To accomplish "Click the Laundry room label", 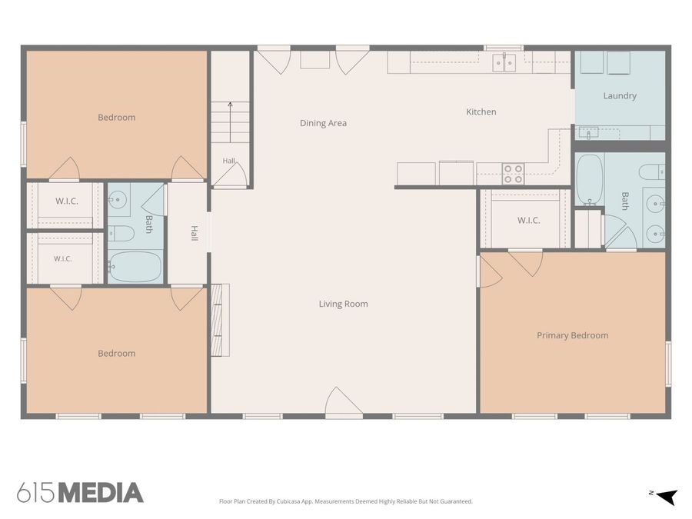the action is pyautogui.click(x=620, y=96).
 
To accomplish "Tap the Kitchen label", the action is pyautogui.click(x=481, y=111).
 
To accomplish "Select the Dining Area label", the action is pyautogui.click(x=323, y=123).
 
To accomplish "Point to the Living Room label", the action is pyautogui.click(x=344, y=304).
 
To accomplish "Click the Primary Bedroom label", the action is pyautogui.click(x=572, y=335).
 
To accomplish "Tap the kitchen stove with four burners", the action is pyautogui.click(x=514, y=174).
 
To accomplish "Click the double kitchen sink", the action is pyautogui.click(x=504, y=62).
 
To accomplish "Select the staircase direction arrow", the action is pyautogui.click(x=230, y=122).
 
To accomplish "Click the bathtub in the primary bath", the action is pyautogui.click(x=590, y=179).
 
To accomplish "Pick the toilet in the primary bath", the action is pyautogui.click(x=651, y=171).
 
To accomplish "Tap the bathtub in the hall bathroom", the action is pyautogui.click(x=135, y=267).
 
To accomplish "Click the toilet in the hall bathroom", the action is pyautogui.click(x=121, y=234).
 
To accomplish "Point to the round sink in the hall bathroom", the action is pyautogui.click(x=117, y=199).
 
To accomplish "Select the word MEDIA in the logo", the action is pyautogui.click(x=101, y=493).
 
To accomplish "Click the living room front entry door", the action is pyautogui.click(x=344, y=402).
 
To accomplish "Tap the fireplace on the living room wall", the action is pyautogui.click(x=220, y=320).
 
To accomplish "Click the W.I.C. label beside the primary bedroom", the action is pyautogui.click(x=529, y=220).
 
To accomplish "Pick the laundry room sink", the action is pyautogui.click(x=588, y=132).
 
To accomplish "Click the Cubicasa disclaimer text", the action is pyautogui.click(x=345, y=501).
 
